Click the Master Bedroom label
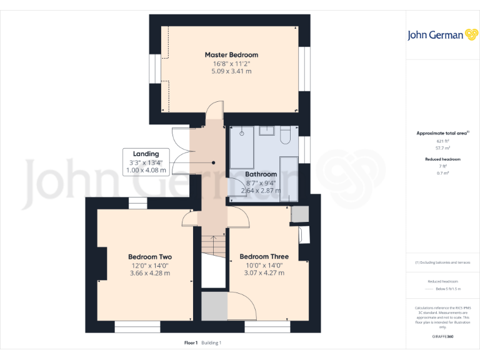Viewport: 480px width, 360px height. click(231, 55)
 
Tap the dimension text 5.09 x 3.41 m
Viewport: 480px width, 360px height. click(231, 71)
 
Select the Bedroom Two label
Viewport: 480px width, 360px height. click(150, 257)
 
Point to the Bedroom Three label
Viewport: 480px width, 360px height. click(264, 257)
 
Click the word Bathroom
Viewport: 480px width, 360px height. click(261, 174)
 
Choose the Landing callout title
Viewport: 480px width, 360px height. click(146, 154)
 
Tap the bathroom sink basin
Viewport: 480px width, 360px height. click(267, 131)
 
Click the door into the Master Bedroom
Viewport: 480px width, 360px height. click(214, 111)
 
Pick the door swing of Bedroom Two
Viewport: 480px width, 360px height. click(189, 218)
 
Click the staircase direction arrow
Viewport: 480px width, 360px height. click(212, 241)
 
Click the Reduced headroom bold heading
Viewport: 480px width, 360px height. click(442, 159)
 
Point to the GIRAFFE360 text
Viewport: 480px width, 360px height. click(442, 337)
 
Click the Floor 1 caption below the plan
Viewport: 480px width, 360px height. click(191, 342)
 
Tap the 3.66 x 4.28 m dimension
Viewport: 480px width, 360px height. click(150, 273)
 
